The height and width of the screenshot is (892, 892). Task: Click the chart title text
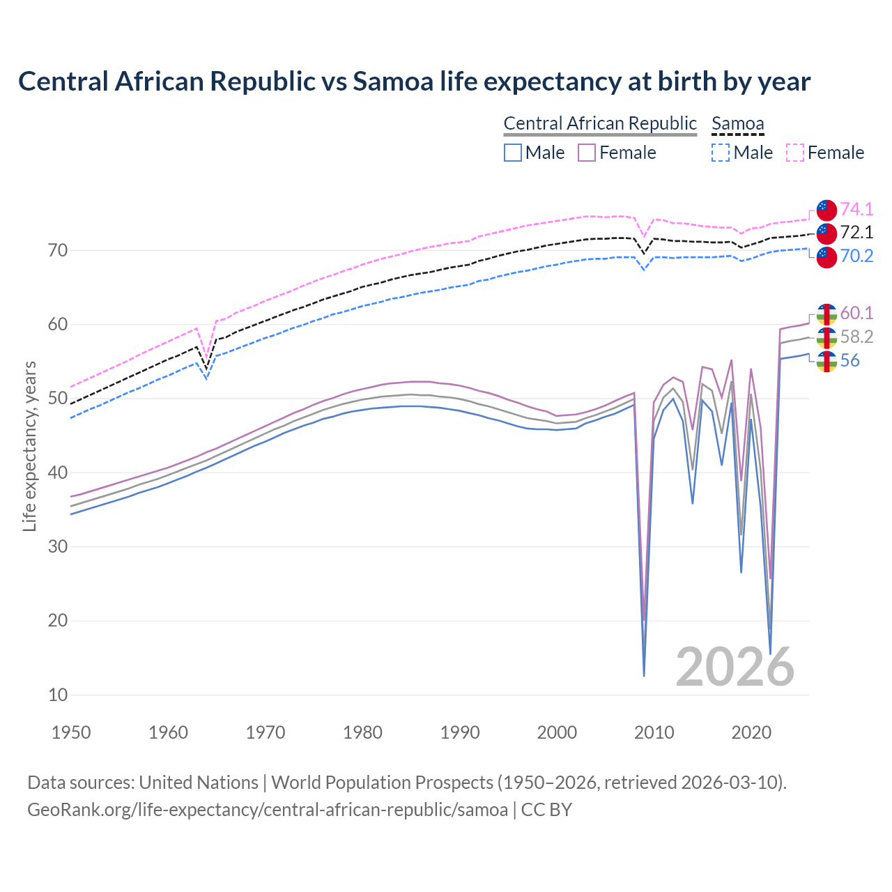point(414,82)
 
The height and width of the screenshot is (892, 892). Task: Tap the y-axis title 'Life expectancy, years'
point(29,446)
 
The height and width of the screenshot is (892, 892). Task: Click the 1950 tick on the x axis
point(71,732)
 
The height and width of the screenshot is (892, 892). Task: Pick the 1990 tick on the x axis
point(460,732)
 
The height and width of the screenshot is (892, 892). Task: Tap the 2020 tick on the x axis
point(751,732)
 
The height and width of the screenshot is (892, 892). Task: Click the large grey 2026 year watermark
point(735,667)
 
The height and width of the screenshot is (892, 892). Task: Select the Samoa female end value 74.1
point(856,209)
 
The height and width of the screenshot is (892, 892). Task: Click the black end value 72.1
point(856,232)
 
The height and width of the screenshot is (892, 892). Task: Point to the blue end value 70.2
point(856,256)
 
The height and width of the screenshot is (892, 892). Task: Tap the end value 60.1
point(856,313)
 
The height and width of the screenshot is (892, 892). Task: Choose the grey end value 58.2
point(856,337)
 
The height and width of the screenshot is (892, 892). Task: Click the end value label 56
point(849,360)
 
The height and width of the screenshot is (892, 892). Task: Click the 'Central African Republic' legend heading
point(600,123)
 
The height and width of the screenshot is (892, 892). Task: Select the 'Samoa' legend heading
point(737,123)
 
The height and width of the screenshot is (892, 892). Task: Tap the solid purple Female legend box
point(587,153)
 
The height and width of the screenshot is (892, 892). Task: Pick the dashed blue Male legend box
point(721,153)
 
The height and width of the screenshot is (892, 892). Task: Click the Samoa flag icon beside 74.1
point(826,210)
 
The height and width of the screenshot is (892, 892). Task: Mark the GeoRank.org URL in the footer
point(268,810)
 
